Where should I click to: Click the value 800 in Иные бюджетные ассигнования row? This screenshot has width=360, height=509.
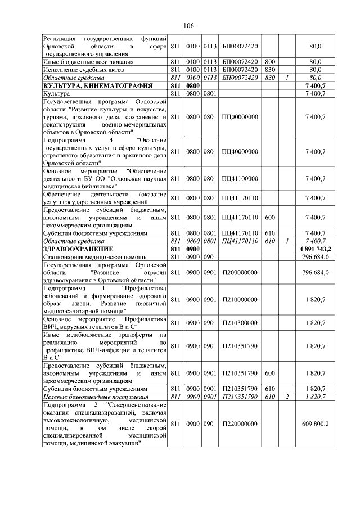(269, 61)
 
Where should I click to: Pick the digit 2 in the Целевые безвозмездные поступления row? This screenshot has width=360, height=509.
(287, 396)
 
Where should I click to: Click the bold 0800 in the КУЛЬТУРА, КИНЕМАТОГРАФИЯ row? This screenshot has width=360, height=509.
(193, 85)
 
